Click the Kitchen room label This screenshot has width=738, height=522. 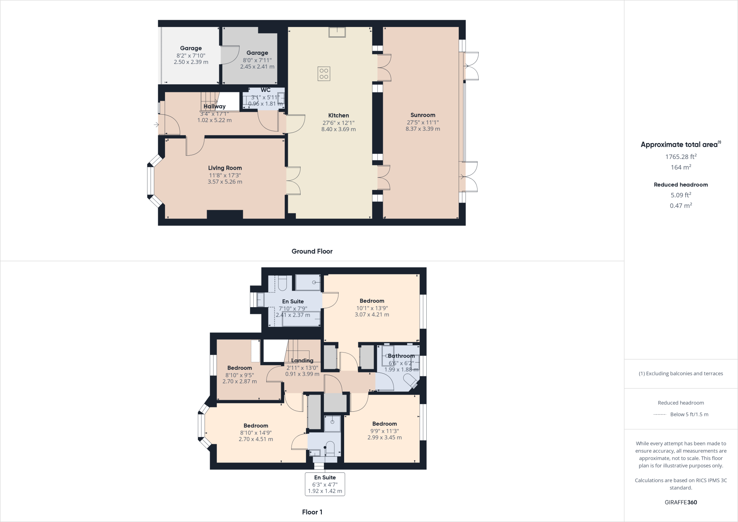click(x=338, y=115)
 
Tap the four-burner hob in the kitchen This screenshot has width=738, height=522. click(x=324, y=74)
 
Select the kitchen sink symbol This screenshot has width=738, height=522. click(x=337, y=32)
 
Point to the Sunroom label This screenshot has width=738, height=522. click(x=423, y=115)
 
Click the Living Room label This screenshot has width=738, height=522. click(x=225, y=168)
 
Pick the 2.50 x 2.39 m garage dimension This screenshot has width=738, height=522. click(x=191, y=62)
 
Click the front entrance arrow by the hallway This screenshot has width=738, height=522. click(x=156, y=125)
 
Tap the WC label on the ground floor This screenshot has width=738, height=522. click(x=266, y=90)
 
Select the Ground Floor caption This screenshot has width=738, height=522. click(x=312, y=251)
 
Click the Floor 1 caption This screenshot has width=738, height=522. click(x=312, y=512)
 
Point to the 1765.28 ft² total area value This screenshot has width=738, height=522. click(x=681, y=157)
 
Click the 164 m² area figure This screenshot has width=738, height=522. click(x=681, y=167)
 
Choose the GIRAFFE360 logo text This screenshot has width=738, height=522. click(x=681, y=502)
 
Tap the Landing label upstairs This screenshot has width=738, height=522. click(x=302, y=360)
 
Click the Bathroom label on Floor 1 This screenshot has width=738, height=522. click(x=401, y=356)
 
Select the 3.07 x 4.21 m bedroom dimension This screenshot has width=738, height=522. click(x=372, y=314)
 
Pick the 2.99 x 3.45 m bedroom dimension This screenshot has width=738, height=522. click(x=384, y=437)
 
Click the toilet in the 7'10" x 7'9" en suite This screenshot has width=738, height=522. click(x=283, y=283)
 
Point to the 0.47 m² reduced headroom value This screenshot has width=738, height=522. click(x=681, y=205)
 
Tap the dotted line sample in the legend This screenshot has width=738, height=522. click(x=659, y=415)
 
